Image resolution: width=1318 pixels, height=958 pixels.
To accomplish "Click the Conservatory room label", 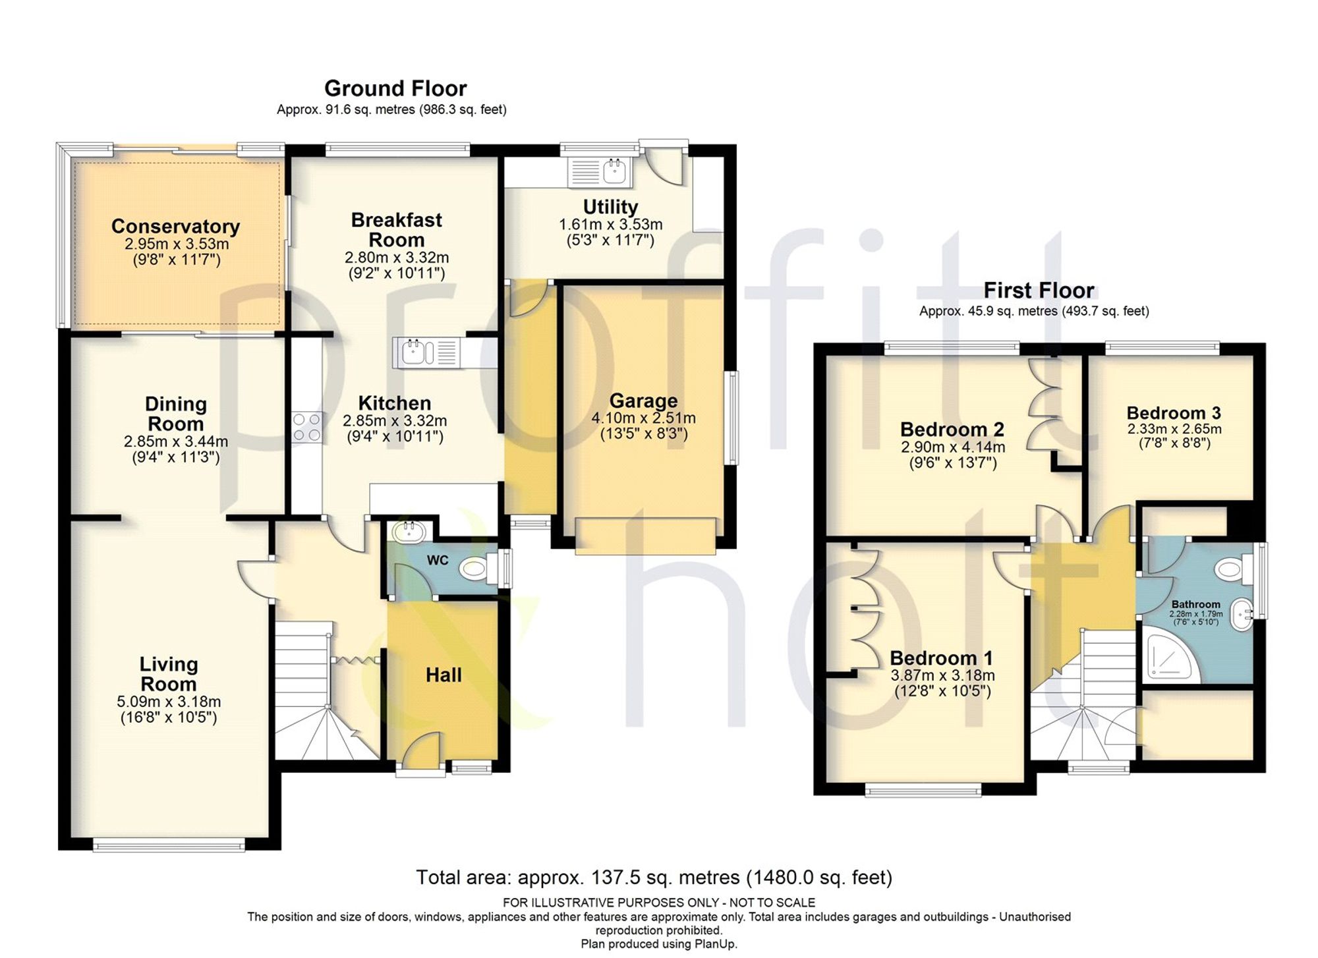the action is pyautogui.click(x=175, y=226).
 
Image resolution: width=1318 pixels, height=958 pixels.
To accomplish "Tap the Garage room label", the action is pyautogui.click(x=643, y=401).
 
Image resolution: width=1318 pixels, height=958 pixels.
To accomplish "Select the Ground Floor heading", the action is pyautogui.click(x=395, y=88).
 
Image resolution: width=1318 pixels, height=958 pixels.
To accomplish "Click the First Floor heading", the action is pyautogui.click(x=1039, y=290).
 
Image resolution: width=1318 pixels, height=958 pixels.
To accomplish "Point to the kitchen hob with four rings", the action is pyautogui.click(x=307, y=426).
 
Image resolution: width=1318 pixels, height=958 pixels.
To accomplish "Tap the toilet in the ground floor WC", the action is pyautogui.click(x=481, y=568).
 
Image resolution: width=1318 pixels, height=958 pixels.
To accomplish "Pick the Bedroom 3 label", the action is pyautogui.click(x=1174, y=413).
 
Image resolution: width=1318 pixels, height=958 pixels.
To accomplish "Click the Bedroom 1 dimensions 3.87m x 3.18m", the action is pyautogui.click(x=942, y=675).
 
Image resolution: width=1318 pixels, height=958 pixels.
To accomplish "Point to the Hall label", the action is pyautogui.click(x=444, y=675).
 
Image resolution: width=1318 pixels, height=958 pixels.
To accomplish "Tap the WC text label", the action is pyautogui.click(x=438, y=560).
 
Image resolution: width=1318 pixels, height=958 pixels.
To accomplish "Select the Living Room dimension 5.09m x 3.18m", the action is pyautogui.click(x=169, y=702).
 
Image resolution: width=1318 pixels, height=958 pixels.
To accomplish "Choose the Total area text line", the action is pyautogui.click(x=654, y=878).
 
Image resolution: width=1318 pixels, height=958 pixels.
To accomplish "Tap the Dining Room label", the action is pyautogui.click(x=175, y=414).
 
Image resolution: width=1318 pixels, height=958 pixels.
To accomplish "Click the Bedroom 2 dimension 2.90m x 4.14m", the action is pyautogui.click(x=953, y=447).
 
